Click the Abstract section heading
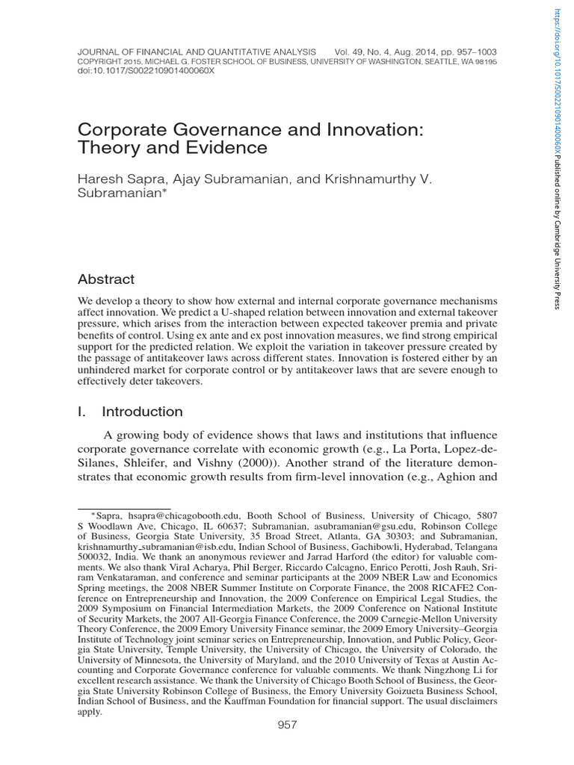pos(106,279)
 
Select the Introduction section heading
pos(142,412)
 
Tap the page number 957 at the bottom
pos(288,725)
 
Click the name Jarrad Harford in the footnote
pos(326,557)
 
